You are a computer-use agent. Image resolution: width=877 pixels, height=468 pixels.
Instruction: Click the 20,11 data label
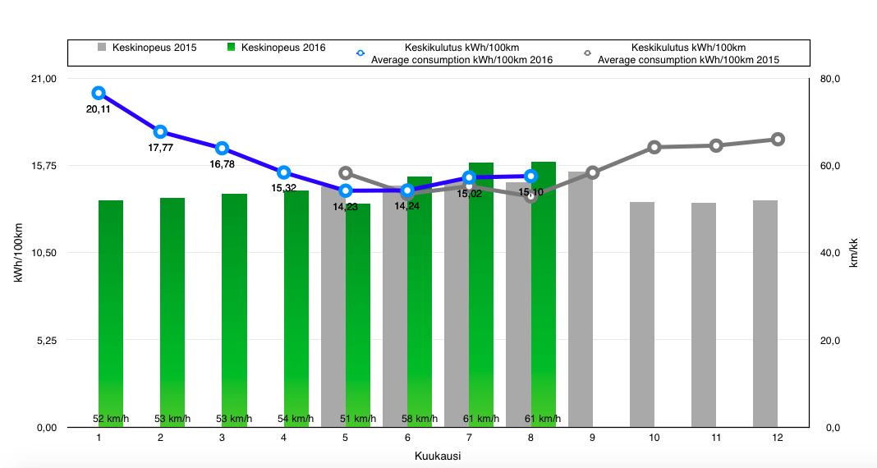tap(99, 109)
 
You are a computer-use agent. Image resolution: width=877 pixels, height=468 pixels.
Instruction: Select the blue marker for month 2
tap(160, 132)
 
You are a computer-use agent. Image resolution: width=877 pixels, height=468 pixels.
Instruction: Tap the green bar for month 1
tap(111, 312)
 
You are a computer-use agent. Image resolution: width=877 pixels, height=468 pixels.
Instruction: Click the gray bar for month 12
tap(765, 312)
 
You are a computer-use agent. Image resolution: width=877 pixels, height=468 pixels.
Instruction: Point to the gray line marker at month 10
tap(654, 147)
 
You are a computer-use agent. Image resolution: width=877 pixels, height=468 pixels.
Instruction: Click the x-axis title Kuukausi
tap(437, 456)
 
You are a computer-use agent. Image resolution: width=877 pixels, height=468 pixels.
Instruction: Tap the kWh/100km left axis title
tap(17, 253)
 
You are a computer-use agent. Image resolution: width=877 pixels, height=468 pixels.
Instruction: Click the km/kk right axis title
tap(853, 253)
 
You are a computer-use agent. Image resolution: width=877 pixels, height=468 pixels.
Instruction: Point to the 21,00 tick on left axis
tap(43, 79)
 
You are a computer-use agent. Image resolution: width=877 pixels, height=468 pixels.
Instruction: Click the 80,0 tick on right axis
tap(830, 79)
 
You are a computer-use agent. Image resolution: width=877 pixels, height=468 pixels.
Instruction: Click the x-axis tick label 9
tap(592, 438)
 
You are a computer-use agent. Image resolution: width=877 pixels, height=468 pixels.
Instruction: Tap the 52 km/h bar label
tap(111, 419)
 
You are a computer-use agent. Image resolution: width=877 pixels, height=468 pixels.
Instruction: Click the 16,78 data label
tap(223, 164)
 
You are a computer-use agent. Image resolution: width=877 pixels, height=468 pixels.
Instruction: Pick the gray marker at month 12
tap(778, 139)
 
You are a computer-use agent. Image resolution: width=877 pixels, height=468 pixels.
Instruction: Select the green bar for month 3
tap(234, 312)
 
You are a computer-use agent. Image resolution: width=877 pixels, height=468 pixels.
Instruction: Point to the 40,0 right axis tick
tap(830, 253)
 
